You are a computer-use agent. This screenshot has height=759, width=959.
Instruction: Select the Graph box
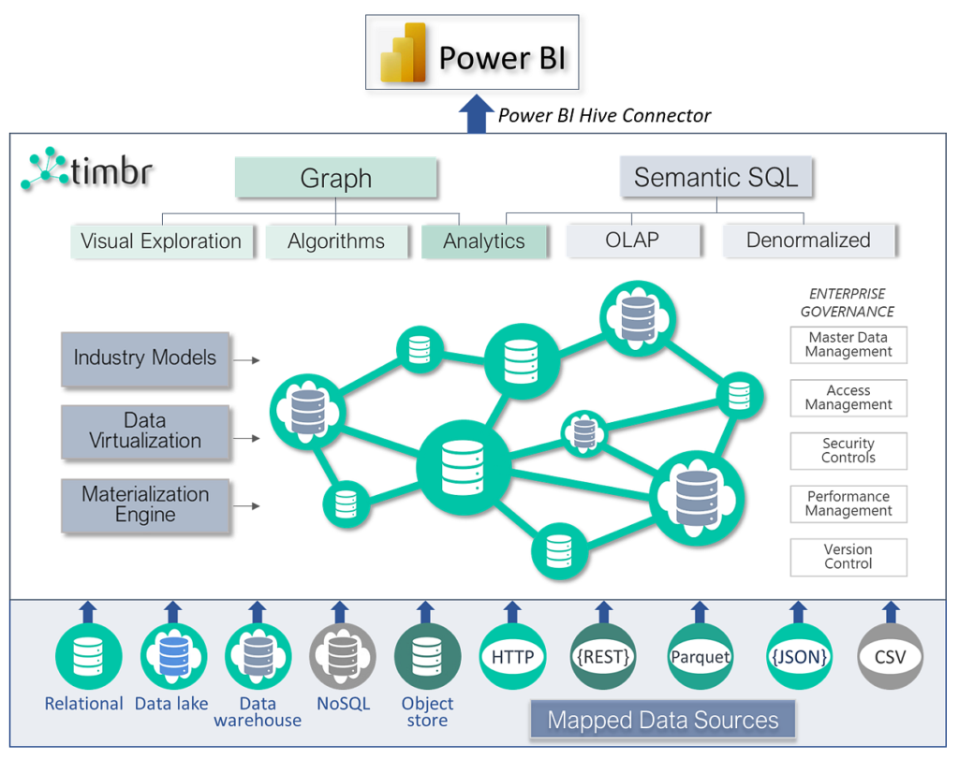pyautogui.click(x=335, y=178)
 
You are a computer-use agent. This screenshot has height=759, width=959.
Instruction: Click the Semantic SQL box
pyautogui.click(x=716, y=177)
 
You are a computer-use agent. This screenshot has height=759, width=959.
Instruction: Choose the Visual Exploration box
pyautogui.click(x=161, y=241)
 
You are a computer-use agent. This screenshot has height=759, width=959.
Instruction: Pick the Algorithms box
pyautogui.click(x=335, y=241)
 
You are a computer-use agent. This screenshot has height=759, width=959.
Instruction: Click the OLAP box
pyautogui.click(x=632, y=240)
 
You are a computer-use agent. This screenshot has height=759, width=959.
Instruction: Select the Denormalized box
pyautogui.click(x=808, y=240)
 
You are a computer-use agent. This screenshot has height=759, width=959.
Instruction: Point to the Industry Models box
pyautogui.click(x=145, y=358)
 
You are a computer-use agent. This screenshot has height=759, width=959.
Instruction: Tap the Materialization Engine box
pyautogui.click(x=145, y=504)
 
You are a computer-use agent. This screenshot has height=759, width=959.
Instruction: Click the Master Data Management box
pyautogui.click(x=848, y=344)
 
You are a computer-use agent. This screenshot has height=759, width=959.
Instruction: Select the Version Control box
pyautogui.click(x=848, y=557)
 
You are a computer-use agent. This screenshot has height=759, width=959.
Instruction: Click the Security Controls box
pyautogui.click(x=848, y=451)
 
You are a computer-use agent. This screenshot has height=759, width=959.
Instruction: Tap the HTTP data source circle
pyautogui.click(x=512, y=657)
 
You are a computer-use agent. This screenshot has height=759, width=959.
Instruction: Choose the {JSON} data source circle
pyautogui.click(x=799, y=657)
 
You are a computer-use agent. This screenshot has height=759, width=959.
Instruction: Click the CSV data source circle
pyautogui.click(x=890, y=657)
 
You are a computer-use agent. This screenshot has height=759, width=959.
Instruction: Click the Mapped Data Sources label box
pyautogui.click(x=662, y=720)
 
